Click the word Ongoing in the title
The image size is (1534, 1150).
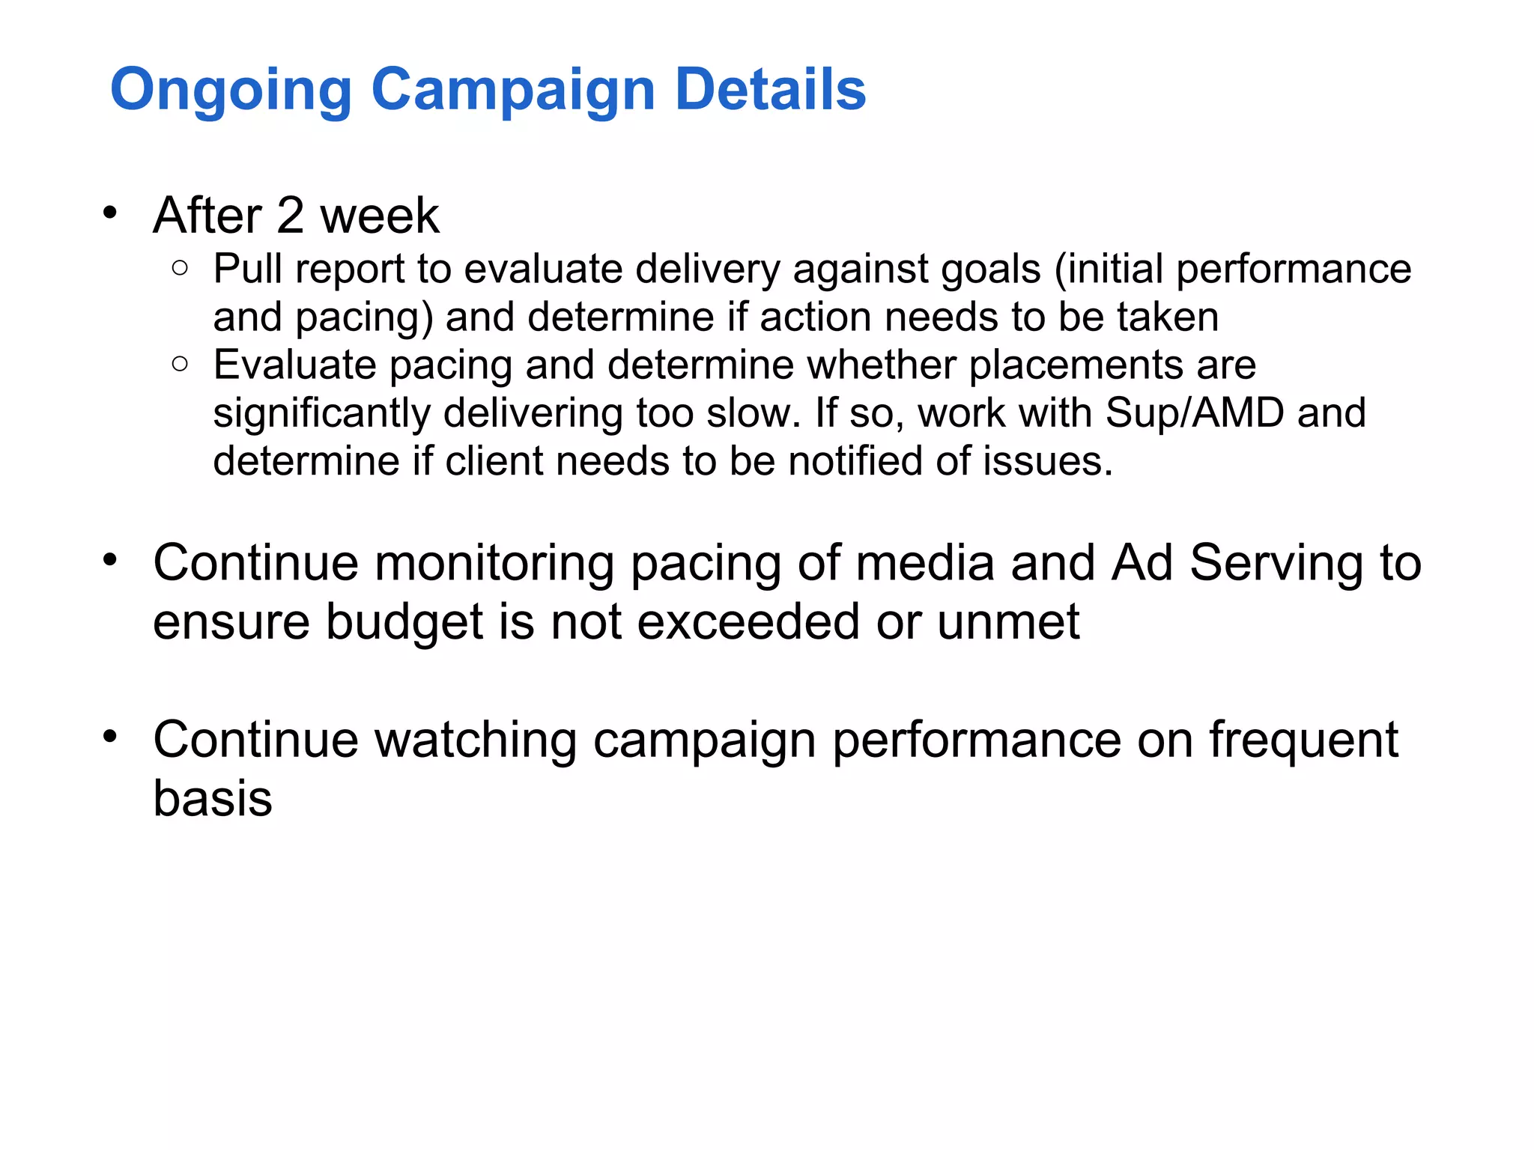point(231,90)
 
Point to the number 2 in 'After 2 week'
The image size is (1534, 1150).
point(290,216)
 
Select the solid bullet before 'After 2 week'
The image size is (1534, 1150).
point(111,213)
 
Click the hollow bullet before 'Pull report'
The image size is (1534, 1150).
point(180,267)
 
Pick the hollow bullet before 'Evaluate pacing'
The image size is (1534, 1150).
point(180,364)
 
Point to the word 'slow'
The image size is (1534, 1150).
point(754,413)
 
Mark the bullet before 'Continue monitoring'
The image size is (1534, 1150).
point(111,560)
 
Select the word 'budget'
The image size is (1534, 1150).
point(404,623)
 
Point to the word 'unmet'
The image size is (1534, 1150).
point(1007,623)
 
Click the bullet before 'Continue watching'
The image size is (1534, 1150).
point(111,737)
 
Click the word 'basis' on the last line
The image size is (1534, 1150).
point(213,798)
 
